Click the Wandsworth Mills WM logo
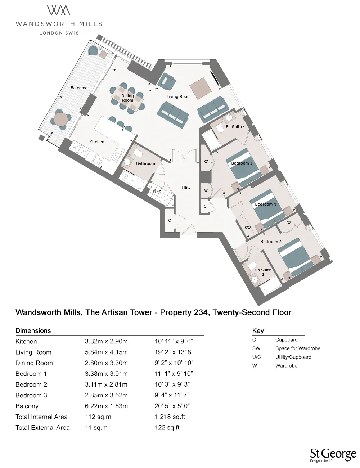[x=59, y=11]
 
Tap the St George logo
[x=333, y=454]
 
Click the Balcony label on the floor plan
[x=78, y=88]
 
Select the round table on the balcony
[x=62, y=119]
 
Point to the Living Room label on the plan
[x=179, y=96]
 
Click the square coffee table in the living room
[x=200, y=88]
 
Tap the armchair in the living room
[x=166, y=82]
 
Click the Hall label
[x=186, y=187]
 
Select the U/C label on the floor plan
[x=157, y=192]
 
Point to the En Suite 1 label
[x=235, y=127]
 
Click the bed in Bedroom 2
[x=295, y=257]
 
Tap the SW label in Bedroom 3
[x=247, y=228]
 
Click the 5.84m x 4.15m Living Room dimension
[x=106, y=352]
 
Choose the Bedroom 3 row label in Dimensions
[x=31, y=395]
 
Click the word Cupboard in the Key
[x=286, y=340]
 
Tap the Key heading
[x=258, y=330]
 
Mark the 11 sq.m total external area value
[x=96, y=428]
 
